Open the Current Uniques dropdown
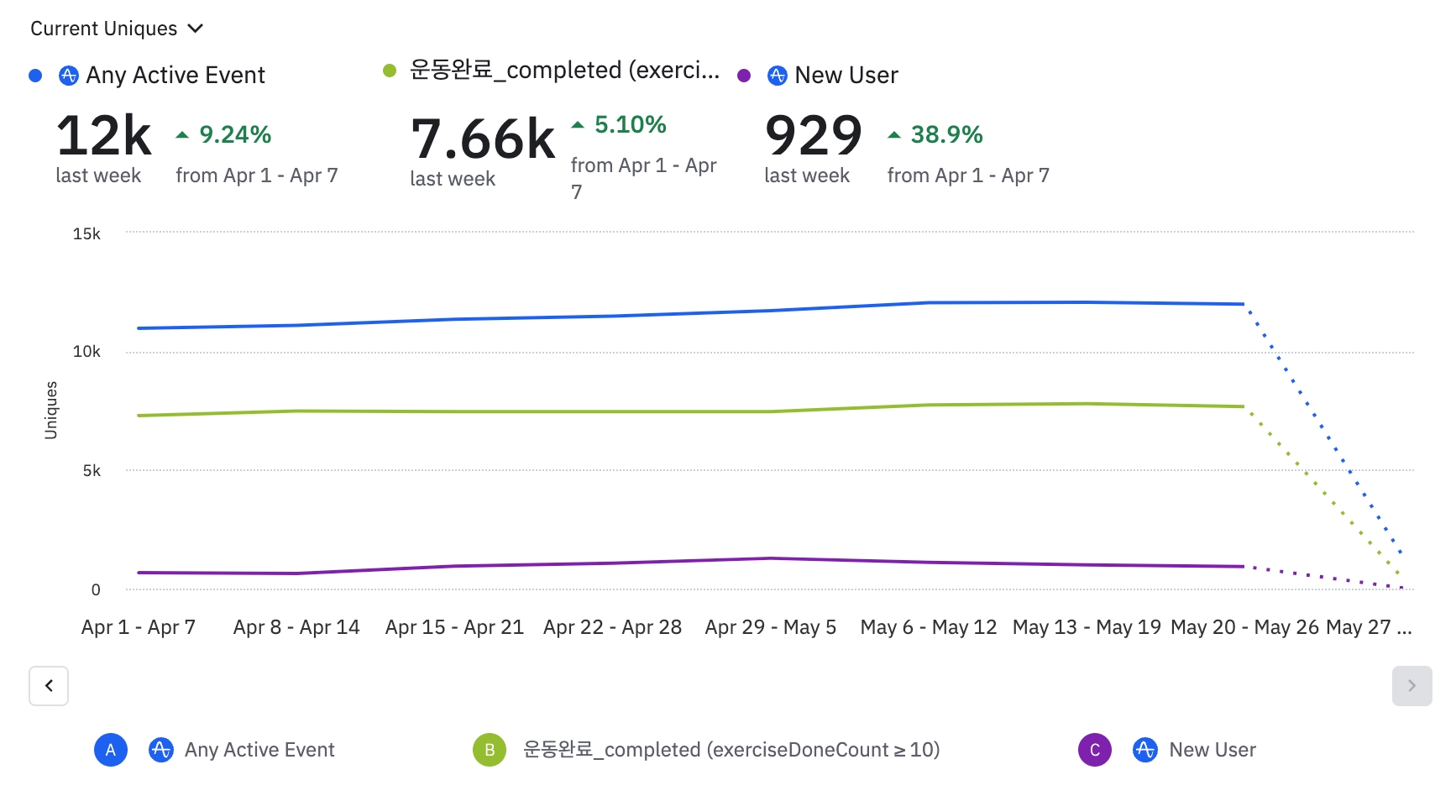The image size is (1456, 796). click(116, 29)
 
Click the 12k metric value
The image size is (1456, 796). click(104, 136)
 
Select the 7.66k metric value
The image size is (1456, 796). click(483, 139)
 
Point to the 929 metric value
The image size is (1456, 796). click(813, 136)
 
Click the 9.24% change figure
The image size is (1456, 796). click(234, 134)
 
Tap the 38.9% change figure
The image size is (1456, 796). click(946, 134)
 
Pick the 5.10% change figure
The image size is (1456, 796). click(630, 125)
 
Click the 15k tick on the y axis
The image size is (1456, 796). click(86, 234)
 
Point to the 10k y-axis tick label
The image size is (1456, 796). click(86, 352)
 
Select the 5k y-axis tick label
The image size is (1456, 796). click(92, 471)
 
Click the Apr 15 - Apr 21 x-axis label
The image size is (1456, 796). click(454, 627)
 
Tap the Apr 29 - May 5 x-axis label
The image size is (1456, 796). click(770, 627)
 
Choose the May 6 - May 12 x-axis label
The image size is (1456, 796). click(929, 627)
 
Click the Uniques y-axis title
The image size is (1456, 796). click(51, 410)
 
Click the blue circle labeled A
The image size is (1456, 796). click(111, 750)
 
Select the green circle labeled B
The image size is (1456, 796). click(490, 750)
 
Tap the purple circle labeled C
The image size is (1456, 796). click(1095, 750)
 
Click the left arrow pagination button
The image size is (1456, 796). click(49, 686)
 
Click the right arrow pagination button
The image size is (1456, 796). click(1411, 686)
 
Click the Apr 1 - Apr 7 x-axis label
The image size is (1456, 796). click(139, 627)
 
